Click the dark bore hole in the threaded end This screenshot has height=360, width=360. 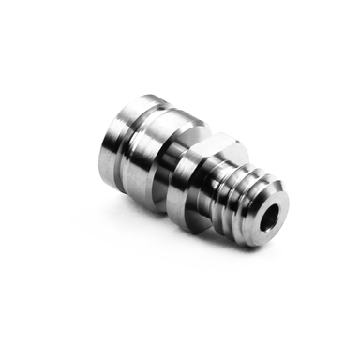[x=270, y=218]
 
